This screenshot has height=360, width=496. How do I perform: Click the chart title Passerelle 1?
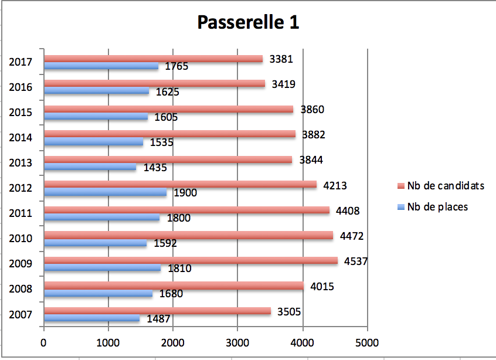[x=247, y=22]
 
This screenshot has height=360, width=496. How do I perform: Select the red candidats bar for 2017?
[x=152, y=59]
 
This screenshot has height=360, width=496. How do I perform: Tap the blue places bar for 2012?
[x=106, y=192]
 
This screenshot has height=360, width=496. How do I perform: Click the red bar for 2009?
[x=191, y=260]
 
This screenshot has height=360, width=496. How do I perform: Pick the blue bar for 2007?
[x=92, y=318]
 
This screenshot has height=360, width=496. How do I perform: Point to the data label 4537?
[x=356, y=261]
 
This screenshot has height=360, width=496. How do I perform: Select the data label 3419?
[x=283, y=84]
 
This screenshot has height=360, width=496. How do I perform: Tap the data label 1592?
[x=165, y=243]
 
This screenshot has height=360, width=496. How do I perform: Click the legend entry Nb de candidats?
[x=446, y=186]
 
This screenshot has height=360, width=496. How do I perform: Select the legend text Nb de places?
[x=437, y=206]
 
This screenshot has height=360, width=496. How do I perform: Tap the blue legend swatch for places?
[x=401, y=207]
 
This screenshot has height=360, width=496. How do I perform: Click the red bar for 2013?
[x=168, y=159]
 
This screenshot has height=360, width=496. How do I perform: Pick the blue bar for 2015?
[x=96, y=117]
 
